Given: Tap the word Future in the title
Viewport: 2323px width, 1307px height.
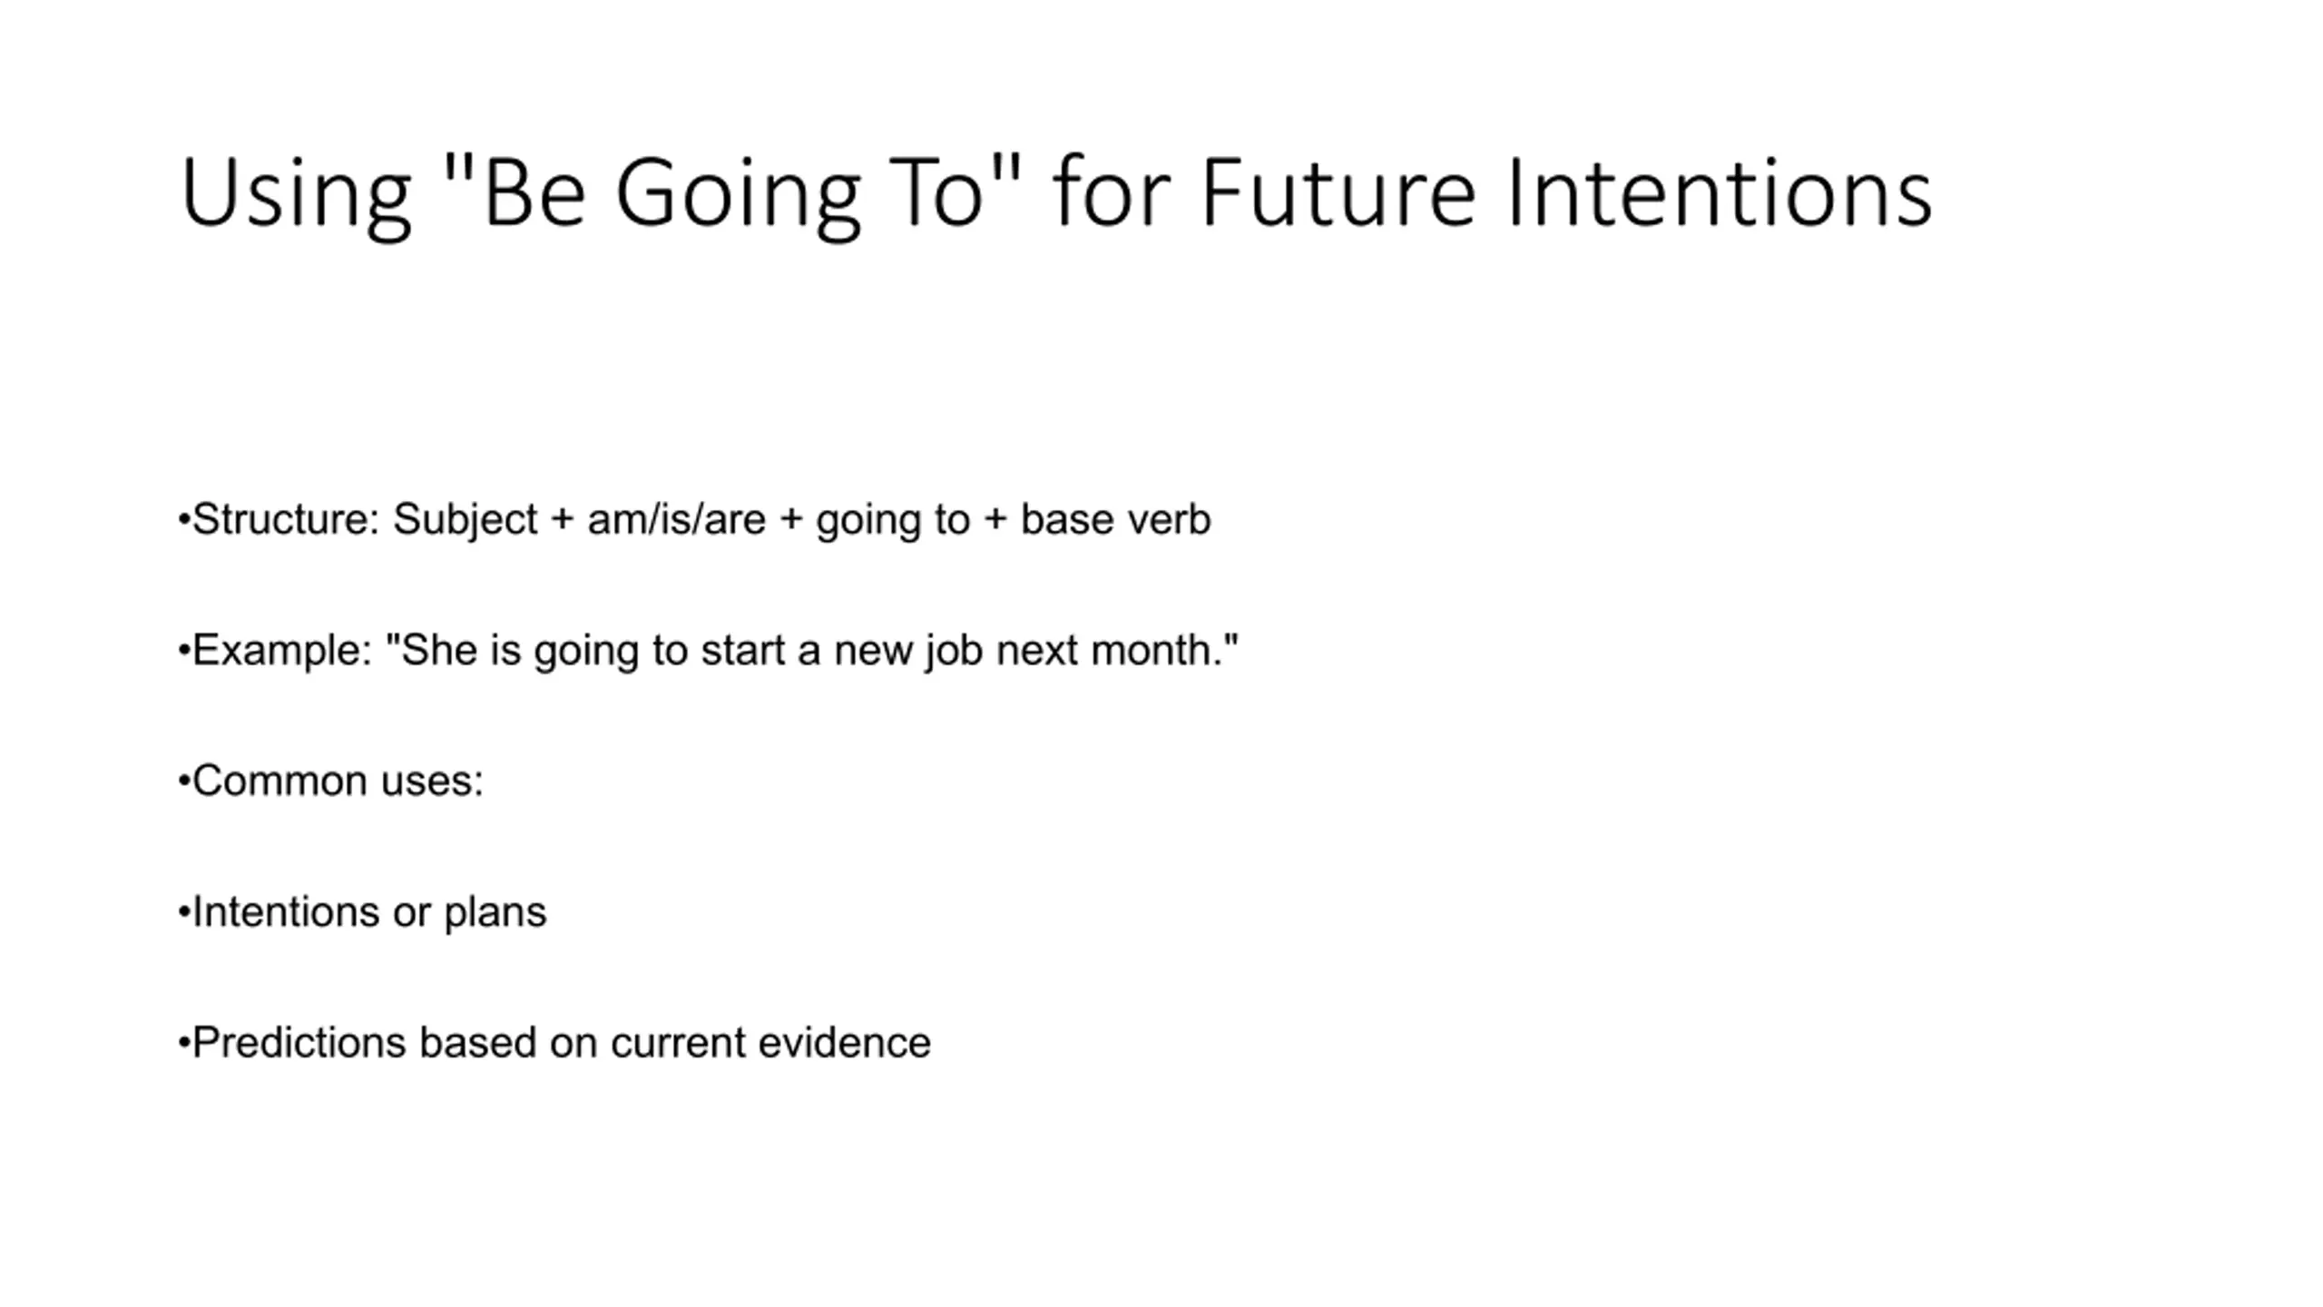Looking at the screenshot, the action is click(1338, 192).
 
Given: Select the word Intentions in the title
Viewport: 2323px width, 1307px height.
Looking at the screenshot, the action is click(1720, 192).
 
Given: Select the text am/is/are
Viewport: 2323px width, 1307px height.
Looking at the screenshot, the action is click(676, 520).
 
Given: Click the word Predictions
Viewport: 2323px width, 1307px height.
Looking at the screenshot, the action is click(299, 1043).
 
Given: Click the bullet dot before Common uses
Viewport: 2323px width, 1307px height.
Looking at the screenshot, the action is click(184, 781).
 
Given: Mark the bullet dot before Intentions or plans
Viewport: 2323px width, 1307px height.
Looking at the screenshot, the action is click(184, 912).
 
